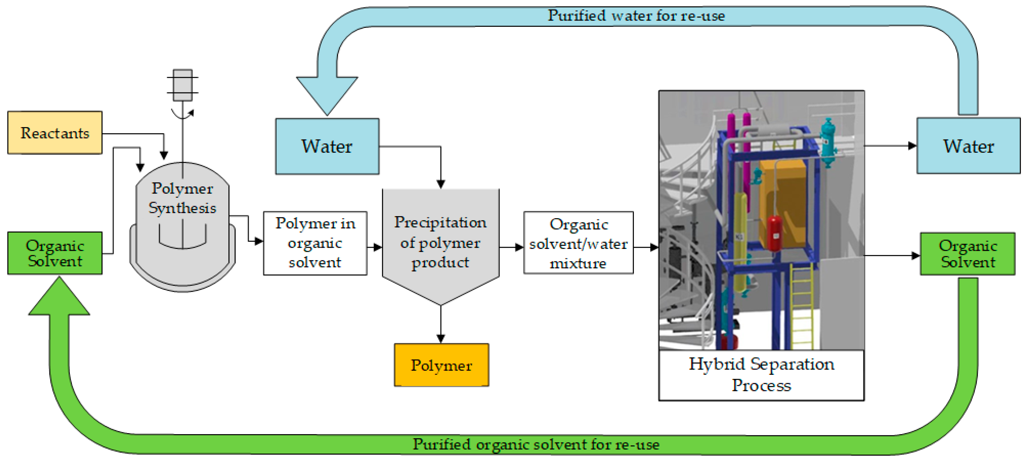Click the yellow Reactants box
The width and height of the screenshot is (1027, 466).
[x=55, y=133]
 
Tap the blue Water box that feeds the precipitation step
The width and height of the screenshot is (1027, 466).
[x=327, y=146]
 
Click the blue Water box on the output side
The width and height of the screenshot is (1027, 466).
[x=968, y=146]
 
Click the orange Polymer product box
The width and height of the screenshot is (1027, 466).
[x=441, y=365]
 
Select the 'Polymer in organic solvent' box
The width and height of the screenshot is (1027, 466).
[x=315, y=243]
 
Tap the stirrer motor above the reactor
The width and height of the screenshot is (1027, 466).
[x=183, y=85]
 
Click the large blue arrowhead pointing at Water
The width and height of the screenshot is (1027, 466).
[x=327, y=94]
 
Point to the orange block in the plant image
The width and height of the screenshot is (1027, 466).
[x=781, y=199]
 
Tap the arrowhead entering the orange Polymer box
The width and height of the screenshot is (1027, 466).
[x=441, y=339]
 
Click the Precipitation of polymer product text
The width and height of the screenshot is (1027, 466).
[x=440, y=242]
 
